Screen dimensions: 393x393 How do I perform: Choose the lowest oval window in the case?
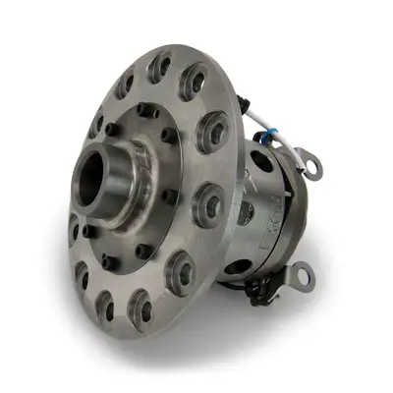pyautogui.click(x=236, y=264)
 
